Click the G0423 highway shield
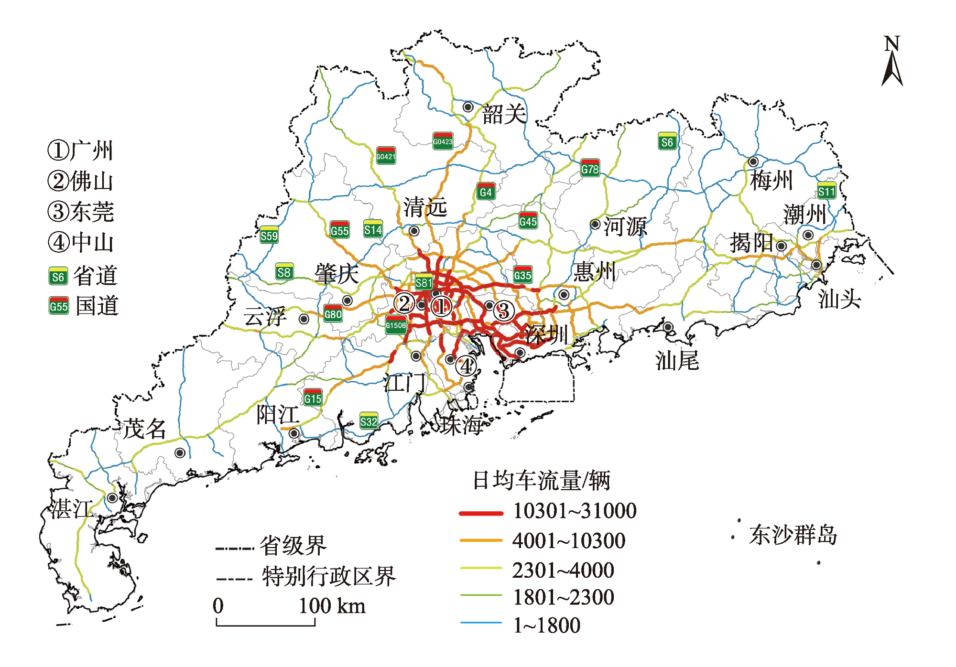pyautogui.click(x=443, y=141)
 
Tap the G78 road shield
pyautogui.click(x=590, y=168)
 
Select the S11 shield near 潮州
pyautogui.click(x=826, y=191)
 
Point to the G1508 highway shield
pyautogui.click(x=396, y=325)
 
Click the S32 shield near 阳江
pyautogui.click(x=369, y=421)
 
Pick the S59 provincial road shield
pyautogui.click(x=269, y=235)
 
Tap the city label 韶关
pyautogui.click(x=504, y=114)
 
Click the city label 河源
pyautogui.click(x=625, y=226)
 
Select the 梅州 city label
pyautogui.click(x=771, y=181)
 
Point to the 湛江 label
pyautogui.click(x=72, y=509)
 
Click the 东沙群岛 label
pyautogui.click(x=793, y=535)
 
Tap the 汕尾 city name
pyautogui.click(x=677, y=360)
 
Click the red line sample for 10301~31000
pyautogui.click(x=481, y=513)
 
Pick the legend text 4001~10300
pyautogui.click(x=569, y=541)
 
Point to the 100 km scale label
pyautogui.click(x=332, y=606)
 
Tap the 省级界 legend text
pyautogui.click(x=293, y=546)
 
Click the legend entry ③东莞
pyautogui.click(x=81, y=212)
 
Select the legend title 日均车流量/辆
pyautogui.click(x=541, y=480)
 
